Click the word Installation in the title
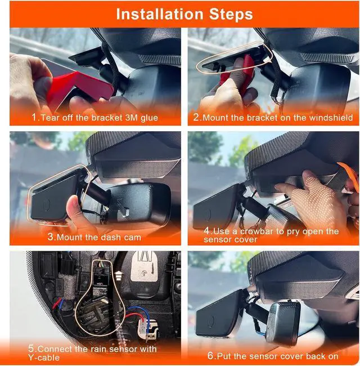click(x=160, y=14)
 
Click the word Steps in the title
click(x=231, y=14)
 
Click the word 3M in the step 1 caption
click(x=132, y=118)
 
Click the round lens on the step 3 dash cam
click(x=47, y=204)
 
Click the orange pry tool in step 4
click(x=349, y=175)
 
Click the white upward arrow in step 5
click(x=119, y=275)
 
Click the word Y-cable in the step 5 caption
click(x=44, y=358)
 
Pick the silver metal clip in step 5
click(x=144, y=266)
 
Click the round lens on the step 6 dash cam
click(x=211, y=321)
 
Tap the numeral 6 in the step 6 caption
click(x=210, y=356)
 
